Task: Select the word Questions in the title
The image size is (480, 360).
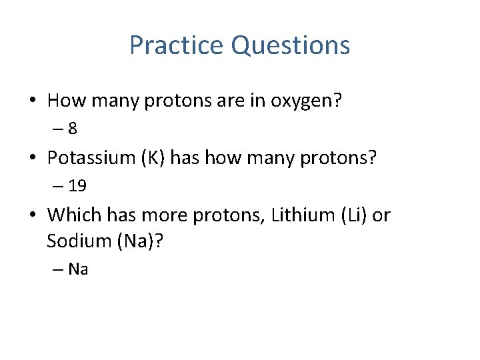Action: tap(290, 45)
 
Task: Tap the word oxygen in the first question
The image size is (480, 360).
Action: tap(306, 101)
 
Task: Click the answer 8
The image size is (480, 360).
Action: tap(81, 128)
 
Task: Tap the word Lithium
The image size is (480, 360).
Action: tap(293, 215)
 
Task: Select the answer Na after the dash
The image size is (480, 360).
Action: tap(79, 269)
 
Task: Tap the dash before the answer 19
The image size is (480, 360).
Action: tap(58, 185)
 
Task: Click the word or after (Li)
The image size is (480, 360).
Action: tap(381, 215)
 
